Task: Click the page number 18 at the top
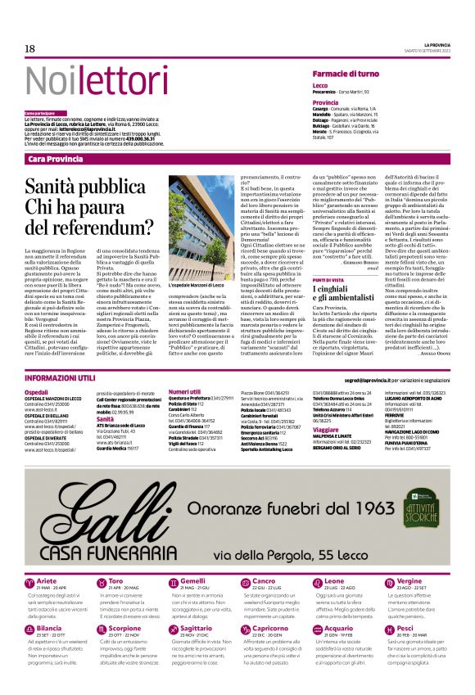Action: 29,49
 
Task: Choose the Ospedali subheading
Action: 36,393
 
